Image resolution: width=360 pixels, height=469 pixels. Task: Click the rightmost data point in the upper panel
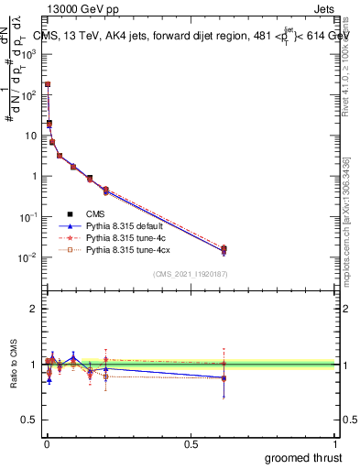point(224,249)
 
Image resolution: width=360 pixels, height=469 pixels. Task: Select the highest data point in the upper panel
point(47,84)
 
